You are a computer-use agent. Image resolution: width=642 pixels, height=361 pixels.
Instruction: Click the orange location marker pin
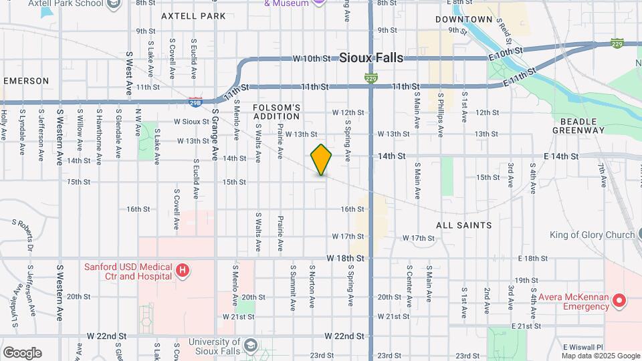[x=321, y=160]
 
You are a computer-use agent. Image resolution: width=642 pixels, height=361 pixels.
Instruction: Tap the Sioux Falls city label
[x=371, y=58]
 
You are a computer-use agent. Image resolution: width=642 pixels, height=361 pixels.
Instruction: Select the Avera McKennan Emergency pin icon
[x=619, y=301]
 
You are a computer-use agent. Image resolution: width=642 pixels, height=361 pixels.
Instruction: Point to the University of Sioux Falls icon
[x=250, y=345]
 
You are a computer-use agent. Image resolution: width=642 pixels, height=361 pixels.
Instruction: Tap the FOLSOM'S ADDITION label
[x=277, y=112]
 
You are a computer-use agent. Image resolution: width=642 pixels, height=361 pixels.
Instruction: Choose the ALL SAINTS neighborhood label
[x=463, y=225]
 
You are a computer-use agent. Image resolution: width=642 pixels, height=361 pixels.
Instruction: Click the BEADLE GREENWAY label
[x=578, y=126]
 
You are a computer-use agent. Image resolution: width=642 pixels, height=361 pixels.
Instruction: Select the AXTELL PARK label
[x=193, y=15]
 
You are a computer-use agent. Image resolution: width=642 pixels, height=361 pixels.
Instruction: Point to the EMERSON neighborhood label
[x=26, y=81]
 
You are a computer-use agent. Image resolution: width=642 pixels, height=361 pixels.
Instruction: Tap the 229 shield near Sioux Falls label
[x=370, y=78]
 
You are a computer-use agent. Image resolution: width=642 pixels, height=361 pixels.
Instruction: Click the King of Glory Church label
[x=592, y=235]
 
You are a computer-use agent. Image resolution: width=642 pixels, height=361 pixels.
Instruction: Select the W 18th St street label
[x=345, y=257]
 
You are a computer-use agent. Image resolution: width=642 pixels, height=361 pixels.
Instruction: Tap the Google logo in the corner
[x=22, y=353]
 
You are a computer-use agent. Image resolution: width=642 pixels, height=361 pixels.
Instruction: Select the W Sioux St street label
[x=191, y=122]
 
